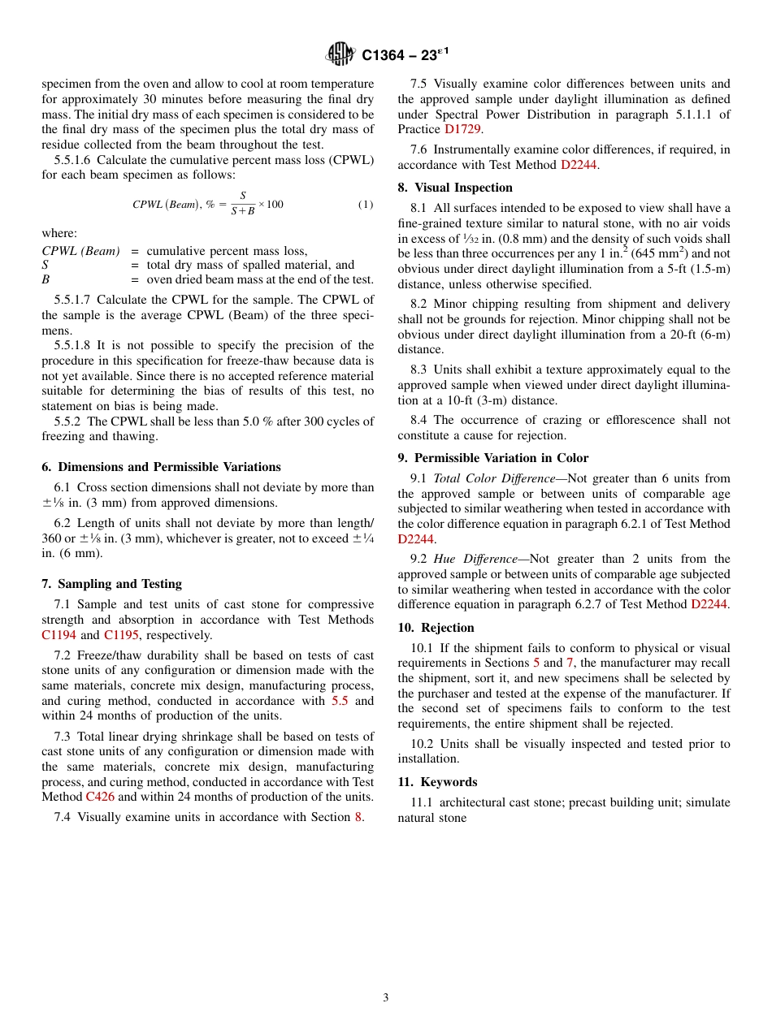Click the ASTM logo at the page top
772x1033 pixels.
point(340,54)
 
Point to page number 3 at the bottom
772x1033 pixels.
point(386,998)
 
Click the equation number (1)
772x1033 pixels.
point(366,205)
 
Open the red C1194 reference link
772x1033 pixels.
point(59,635)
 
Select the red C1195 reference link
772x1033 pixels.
point(121,635)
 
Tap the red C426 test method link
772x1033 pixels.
point(100,797)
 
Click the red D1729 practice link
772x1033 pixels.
point(462,129)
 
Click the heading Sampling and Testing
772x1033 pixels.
point(119,584)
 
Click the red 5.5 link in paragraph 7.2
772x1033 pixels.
point(341,701)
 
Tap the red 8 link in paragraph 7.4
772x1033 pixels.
point(358,817)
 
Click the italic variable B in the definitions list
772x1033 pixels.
point(46,279)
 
